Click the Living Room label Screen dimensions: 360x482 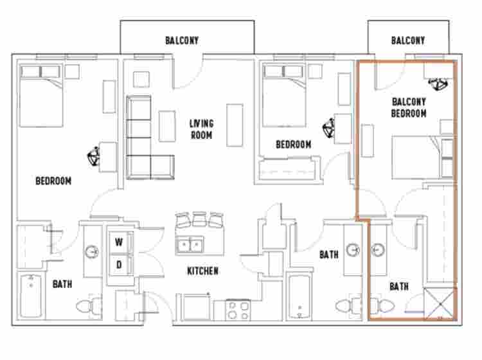pos(201,129)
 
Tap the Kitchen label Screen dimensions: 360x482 pos(203,271)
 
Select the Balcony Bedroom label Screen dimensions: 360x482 pos(409,107)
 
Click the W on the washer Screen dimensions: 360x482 pos(119,242)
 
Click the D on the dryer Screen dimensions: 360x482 pos(119,264)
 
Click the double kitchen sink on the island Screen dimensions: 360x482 pos(190,245)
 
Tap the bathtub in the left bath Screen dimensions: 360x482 pos(30,296)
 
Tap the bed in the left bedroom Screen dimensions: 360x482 pos(40,94)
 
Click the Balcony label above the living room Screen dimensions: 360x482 pos(182,40)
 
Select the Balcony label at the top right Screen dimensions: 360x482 pos(408,40)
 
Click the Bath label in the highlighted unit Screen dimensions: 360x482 pos(398,287)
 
